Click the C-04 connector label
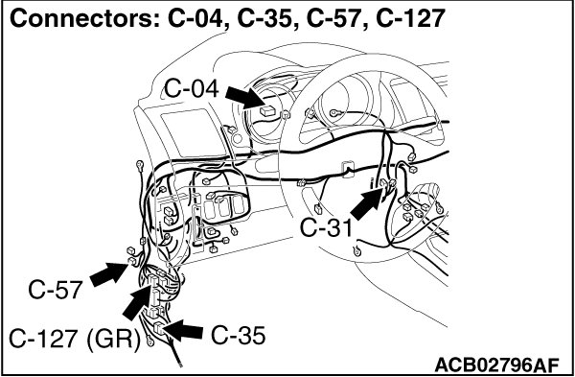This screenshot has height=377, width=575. [x=191, y=89]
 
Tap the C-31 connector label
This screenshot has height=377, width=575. [x=326, y=228]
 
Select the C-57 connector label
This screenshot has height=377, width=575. [x=55, y=290]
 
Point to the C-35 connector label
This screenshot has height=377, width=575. [x=238, y=336]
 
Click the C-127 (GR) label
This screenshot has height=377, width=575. [x=75, y=340]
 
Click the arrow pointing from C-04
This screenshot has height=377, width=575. [x=244, y=98]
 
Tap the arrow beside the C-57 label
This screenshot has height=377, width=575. [x=108, y=274]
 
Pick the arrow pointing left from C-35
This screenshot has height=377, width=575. [x=182, y=330]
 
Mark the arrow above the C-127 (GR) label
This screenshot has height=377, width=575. [x=138, y=302]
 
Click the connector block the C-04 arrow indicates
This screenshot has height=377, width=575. [x=267, y=111]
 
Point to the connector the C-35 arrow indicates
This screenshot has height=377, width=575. [x=158, y=328]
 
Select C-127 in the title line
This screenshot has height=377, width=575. [x=411, y=19]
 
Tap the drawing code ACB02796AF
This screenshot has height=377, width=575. [x=496, y=365]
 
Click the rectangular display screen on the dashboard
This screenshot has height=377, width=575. [x=192, y=134]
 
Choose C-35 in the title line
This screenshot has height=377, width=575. [x=268, y=19]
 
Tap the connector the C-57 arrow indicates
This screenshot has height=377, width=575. [x=132, y=261]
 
